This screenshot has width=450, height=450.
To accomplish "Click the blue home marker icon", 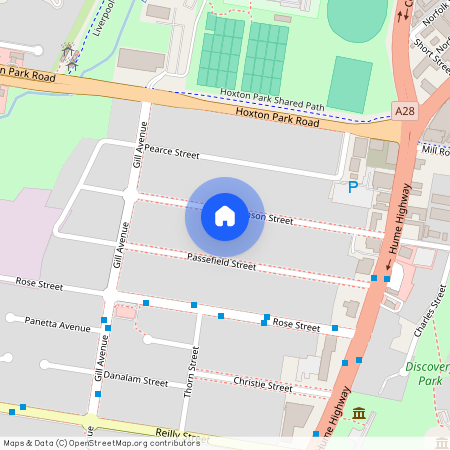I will click(224, 215).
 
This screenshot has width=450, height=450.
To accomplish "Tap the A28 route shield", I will click(404, 110).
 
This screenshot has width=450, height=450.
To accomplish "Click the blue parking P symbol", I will click(352, 186).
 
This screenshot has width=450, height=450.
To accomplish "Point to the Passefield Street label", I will click(221, 262).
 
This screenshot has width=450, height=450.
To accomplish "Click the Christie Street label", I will click(262, 385).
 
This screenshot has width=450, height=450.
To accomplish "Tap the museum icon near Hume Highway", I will click(359, 414).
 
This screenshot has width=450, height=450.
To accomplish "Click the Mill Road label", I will click(436, 151).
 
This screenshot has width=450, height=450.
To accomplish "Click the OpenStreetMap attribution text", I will click(101, 442).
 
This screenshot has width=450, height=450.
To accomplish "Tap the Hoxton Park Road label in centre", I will click(277, 117).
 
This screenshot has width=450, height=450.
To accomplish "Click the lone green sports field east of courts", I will click(349, 84).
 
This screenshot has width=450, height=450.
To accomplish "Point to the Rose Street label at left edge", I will click(37, 285).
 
